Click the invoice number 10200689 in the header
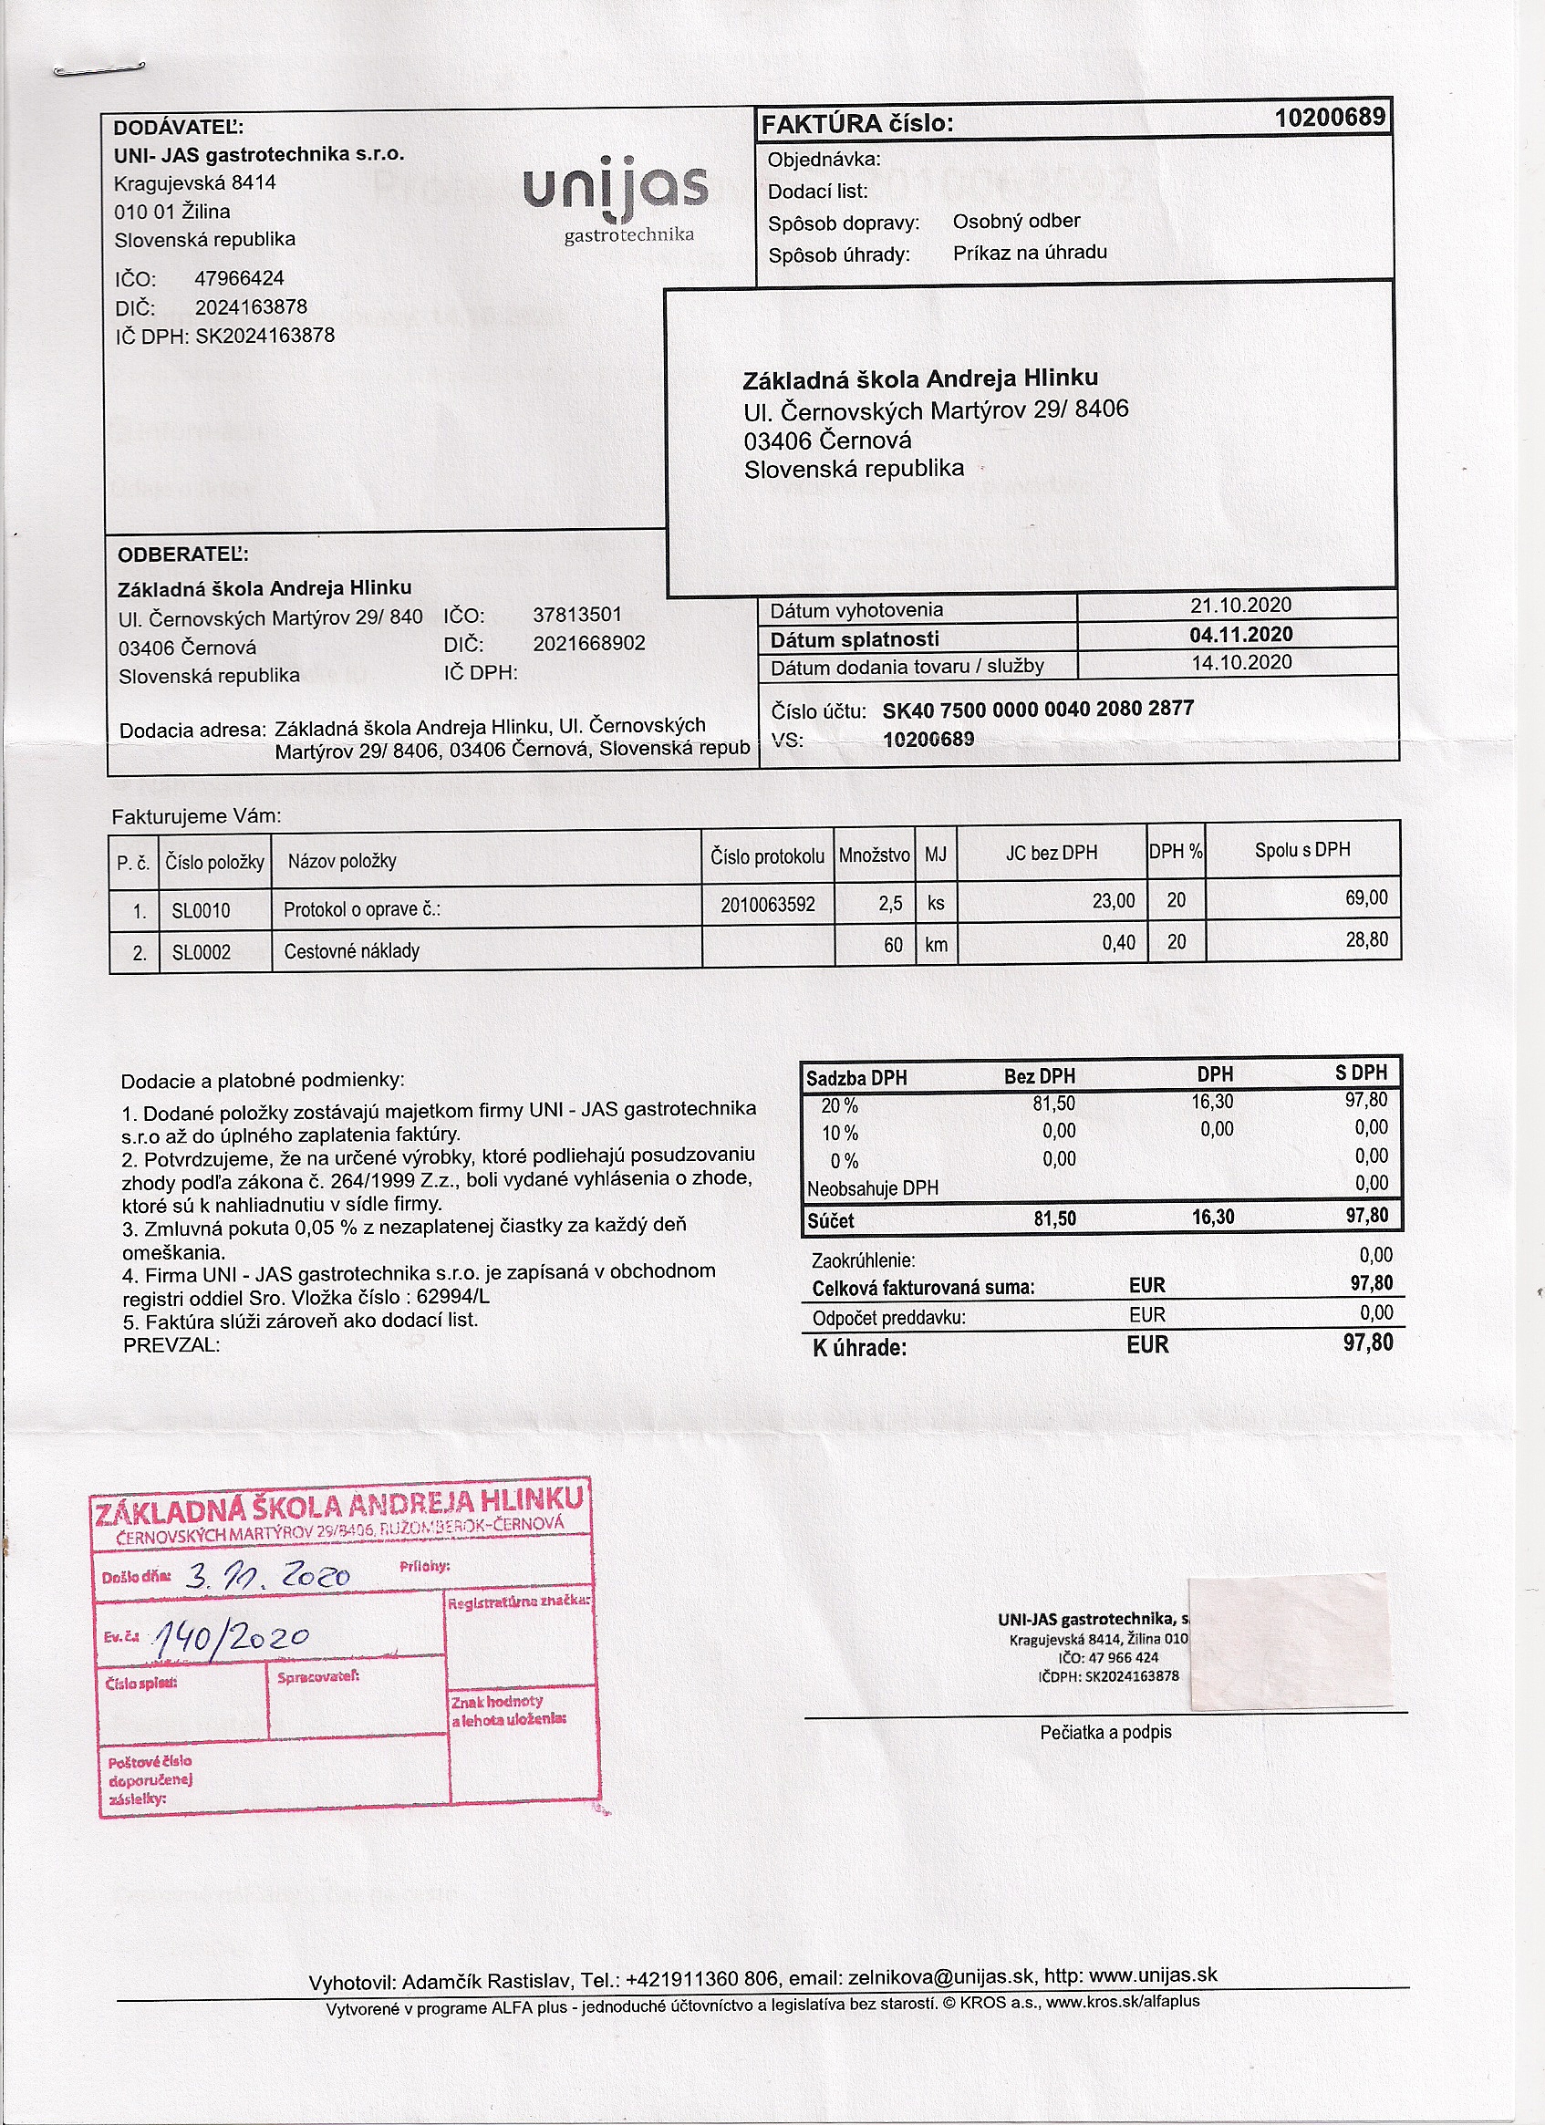pyautogui.click(x=1329, y=118)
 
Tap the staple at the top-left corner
pyautogui.click(x=99, y=69)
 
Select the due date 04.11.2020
pyautogui.click(x=1240, y=635)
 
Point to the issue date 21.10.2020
pyautogui.click(x=1240, y=606)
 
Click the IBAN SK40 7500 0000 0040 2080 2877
pyautogui.click(x=1037, y=709)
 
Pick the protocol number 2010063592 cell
pyautogui.click(x=767, y=904)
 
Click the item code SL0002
pyautogui.click(x=201, y=952)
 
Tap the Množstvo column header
pyautogui.click(x=873, y=855)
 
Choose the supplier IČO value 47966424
pyautogui.click(x=239, y=278)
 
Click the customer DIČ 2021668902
pyautogui.click(x=588, y=643)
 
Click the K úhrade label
pyautogui.click(x=859, y=1348)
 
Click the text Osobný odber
pyautogui.click(x=1016, y=221)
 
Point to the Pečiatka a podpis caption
pyautogui.click(x=1104, y=1733)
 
